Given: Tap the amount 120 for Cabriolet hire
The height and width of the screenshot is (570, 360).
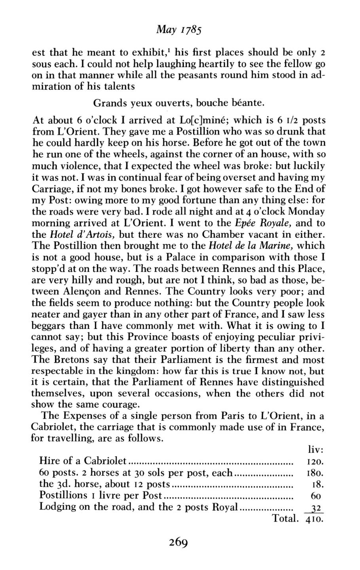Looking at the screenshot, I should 315,462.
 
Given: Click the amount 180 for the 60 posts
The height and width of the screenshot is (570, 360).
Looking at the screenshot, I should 315,473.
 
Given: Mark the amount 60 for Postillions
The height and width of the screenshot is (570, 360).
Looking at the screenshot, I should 316,496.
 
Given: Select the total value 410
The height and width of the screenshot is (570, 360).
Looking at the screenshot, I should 315,519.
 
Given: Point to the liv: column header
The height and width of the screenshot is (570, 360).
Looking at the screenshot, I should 316,450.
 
